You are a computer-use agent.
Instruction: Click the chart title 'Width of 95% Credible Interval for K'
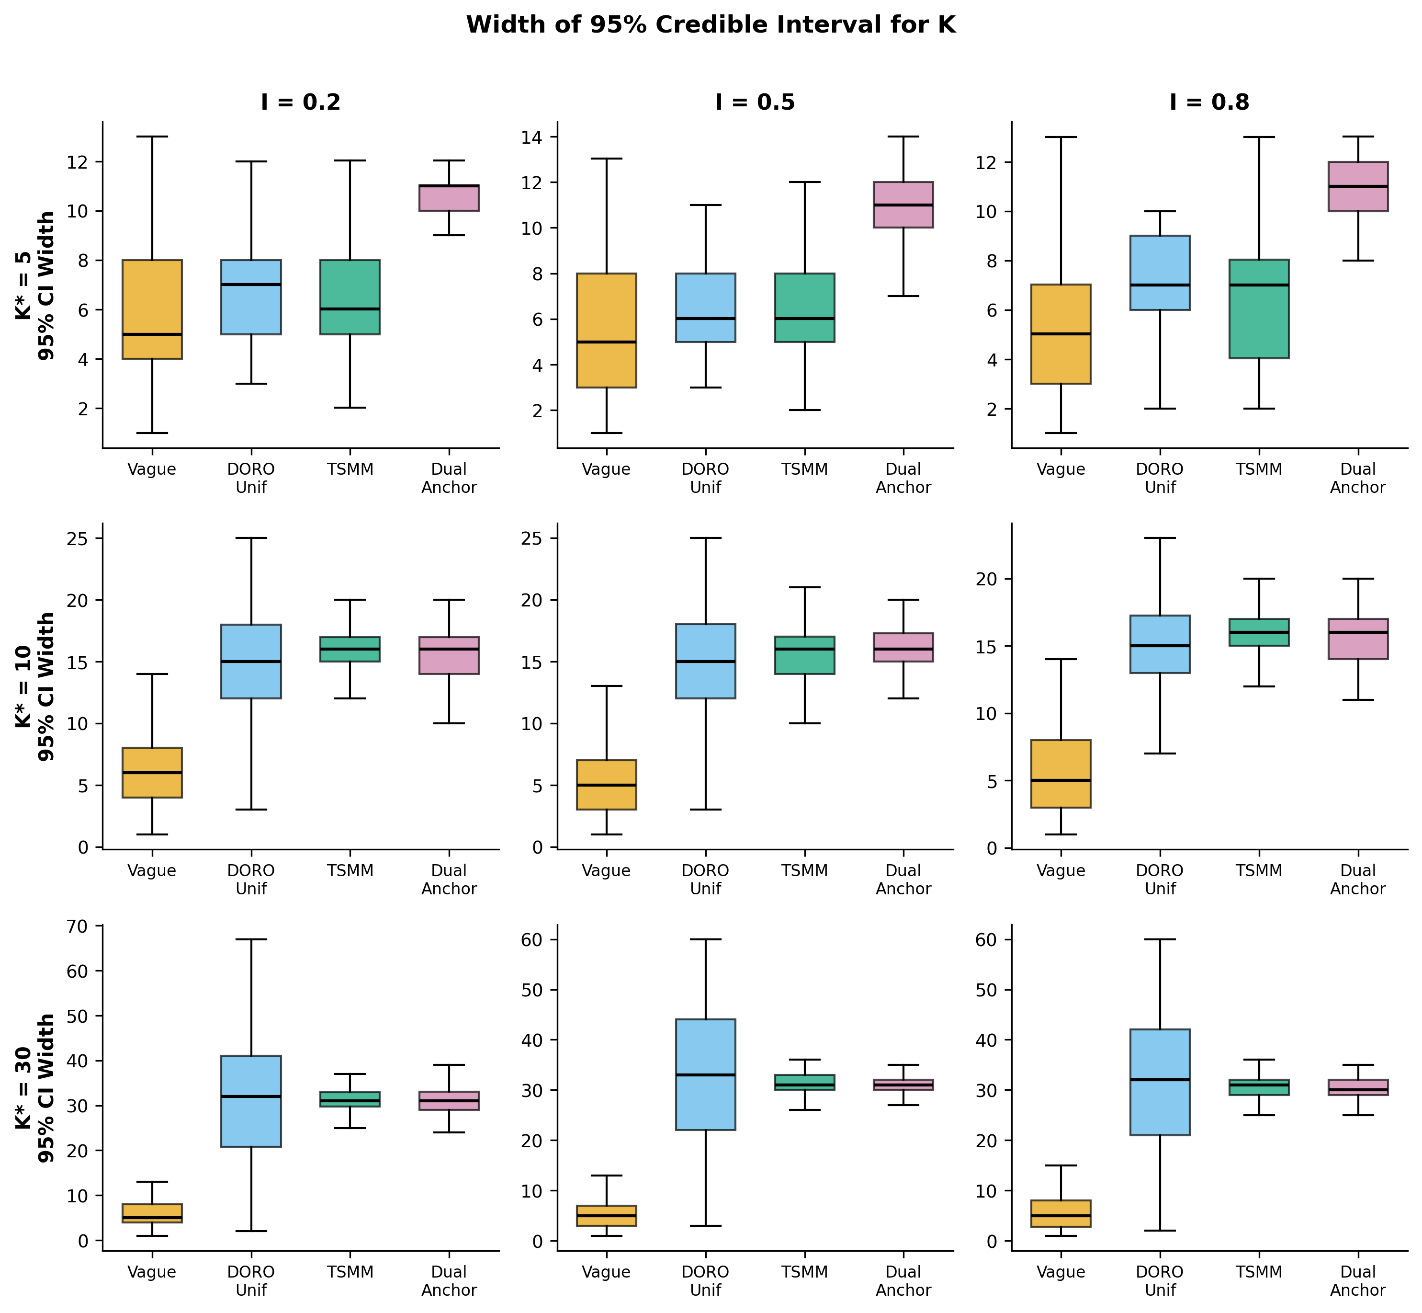(711, 25)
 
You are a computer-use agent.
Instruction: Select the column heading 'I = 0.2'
(301, 103)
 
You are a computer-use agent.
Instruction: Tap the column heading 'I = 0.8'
(1209, 103)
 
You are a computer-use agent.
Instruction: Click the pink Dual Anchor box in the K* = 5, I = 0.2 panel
(449, 198)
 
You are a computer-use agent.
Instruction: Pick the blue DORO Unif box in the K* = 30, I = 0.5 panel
(705, 1074)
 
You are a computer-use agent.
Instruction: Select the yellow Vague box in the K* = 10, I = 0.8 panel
(1061, 774)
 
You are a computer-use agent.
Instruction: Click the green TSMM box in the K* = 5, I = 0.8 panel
(1259, 309)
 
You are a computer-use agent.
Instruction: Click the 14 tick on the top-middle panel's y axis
(543, 137)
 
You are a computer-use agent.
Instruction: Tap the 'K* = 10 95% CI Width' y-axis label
(35, 686)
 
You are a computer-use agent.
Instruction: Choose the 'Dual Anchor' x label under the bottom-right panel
(1357, 1281)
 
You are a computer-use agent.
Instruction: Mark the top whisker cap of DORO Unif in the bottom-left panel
(251, 939)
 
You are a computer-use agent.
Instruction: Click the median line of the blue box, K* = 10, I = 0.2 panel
(251, 662)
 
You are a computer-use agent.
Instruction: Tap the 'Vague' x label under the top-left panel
(151, 469)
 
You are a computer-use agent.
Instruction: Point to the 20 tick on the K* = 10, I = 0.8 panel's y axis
(998, 579)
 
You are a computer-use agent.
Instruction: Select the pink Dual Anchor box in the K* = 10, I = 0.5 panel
(903, 647)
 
